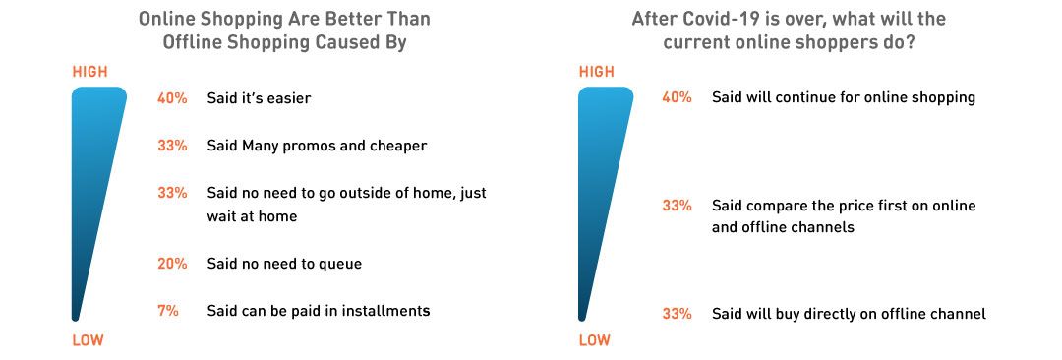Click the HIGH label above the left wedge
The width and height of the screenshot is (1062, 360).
pos(90,72)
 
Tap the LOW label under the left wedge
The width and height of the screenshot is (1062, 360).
pos(88,340)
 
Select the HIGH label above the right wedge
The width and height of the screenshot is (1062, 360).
pos(597,72)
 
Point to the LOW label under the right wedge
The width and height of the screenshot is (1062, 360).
pos(595,340)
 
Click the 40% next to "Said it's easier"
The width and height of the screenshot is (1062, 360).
pos(172,98)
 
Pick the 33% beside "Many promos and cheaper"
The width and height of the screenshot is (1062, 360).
pos(172,146)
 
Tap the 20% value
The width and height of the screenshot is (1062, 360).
pos(172,264)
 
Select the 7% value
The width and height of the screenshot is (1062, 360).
pos(168,311)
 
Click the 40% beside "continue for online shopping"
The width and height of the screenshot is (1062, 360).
pos(678,97)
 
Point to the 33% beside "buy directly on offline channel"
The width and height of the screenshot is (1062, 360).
pos(678,314)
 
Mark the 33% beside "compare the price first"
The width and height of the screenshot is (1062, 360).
pos(678,206)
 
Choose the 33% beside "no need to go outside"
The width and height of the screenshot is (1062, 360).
pos(172,193)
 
